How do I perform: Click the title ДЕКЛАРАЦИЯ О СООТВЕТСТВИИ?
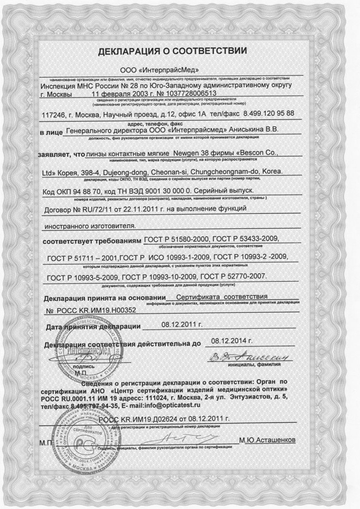pos(173,51)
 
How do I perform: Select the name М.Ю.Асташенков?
pos(267,440)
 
